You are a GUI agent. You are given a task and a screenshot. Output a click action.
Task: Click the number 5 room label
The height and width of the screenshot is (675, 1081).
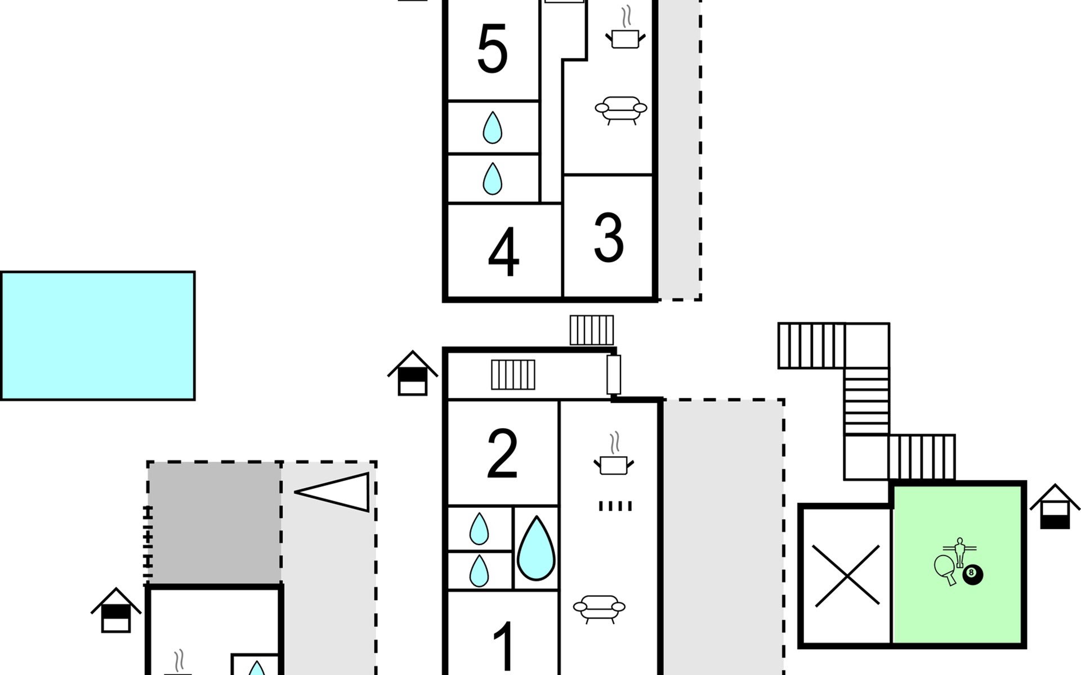pos(492,49)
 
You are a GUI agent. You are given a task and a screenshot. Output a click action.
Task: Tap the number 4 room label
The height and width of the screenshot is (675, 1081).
pos(503,253)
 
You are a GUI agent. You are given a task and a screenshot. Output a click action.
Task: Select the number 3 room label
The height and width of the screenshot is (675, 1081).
pos(609,238)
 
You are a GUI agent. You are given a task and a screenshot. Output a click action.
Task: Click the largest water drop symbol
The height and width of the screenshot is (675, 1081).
pos(536,548)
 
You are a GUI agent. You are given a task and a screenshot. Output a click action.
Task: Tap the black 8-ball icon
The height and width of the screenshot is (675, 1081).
pos(972,574)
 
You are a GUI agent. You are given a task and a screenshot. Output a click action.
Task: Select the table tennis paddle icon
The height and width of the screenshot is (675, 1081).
pos(946,568)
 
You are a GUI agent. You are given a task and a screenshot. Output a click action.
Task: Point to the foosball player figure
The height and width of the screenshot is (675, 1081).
pos(959,552)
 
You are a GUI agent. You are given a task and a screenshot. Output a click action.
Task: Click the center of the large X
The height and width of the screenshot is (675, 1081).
pos(847,575)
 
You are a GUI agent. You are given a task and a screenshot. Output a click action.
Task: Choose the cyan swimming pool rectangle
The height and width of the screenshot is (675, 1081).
pos(98,336)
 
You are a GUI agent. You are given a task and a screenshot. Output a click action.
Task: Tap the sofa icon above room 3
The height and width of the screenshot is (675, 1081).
pos(621,109)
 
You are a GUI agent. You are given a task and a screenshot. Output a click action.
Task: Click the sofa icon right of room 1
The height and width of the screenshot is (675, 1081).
pos(599,609)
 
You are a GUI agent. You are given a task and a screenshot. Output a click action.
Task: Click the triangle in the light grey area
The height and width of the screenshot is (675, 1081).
pos(332,492)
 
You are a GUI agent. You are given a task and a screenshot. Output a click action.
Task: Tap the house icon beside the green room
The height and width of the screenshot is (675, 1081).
pos(1055,507)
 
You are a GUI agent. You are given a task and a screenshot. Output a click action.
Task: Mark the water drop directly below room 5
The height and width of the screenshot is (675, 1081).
pos(493,128)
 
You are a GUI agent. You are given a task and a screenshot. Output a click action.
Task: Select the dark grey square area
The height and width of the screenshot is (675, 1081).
pos(215,523)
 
